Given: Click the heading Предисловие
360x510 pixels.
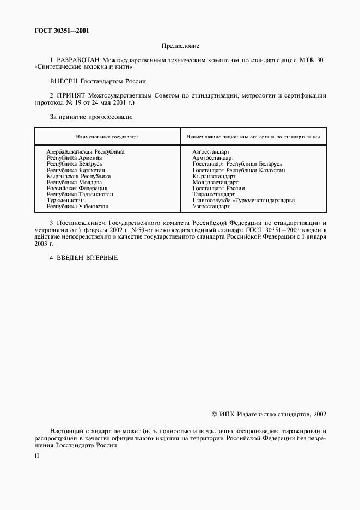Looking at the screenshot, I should (x=180, y=46).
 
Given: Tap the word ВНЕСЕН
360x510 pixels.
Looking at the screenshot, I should (x=64, y=81).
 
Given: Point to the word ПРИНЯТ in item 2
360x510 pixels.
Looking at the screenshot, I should (x=70, y=95).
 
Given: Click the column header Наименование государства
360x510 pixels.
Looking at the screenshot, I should (x=107, y=136).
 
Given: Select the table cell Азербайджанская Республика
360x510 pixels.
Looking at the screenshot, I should (x=86, y=151).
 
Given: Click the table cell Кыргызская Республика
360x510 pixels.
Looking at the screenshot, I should (x=79, y=176).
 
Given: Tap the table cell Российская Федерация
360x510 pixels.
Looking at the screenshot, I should (x=77, y=188).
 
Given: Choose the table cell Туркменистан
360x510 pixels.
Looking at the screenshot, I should (x=65, y=201).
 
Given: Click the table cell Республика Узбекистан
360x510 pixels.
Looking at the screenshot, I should (x=78, y=207).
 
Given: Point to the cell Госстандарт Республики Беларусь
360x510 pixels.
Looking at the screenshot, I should (x=237, y=163).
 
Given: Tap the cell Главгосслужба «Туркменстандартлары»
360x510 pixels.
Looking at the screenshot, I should (x=244, y=201).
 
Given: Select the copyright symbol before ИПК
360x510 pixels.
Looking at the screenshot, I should (x=214, y=414).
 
